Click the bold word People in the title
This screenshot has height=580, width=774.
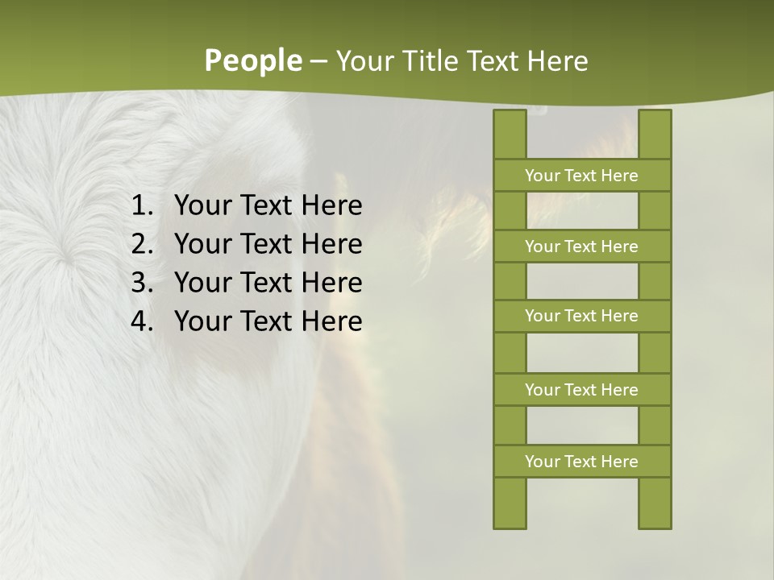252,60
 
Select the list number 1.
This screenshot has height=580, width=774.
141,206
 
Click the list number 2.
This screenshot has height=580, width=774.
141,244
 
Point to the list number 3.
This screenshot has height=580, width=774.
141,283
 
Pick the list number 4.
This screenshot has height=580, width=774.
141,321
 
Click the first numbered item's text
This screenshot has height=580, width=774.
268,206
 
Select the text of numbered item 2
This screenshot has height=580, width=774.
268,244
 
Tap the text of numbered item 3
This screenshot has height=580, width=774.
268,283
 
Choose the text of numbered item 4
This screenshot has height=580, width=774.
268,321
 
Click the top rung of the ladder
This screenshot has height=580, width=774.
581,176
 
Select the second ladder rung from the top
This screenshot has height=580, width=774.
581,246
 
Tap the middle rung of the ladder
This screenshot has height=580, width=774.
581,316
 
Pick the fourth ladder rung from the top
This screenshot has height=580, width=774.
581,390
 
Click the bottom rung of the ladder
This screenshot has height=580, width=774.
581,462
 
